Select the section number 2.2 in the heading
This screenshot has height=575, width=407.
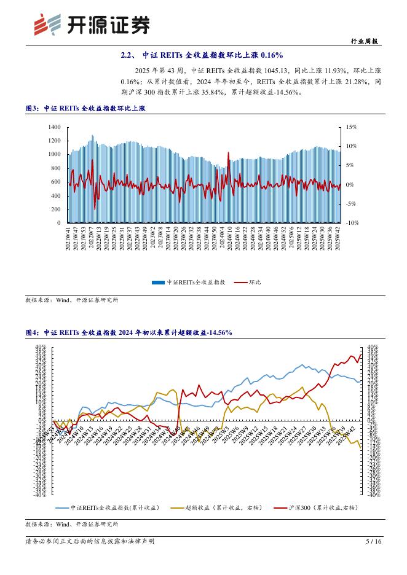[x=127, y=55]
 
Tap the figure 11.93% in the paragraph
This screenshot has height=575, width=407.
[x=318, y=71]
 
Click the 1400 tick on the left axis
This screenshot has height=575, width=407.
[x=54, y=127]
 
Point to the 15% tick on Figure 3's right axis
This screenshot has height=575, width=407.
[x=351, y=127]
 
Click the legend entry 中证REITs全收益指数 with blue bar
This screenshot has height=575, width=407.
[x=191, y=282]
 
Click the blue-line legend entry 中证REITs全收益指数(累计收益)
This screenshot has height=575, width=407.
[x=111, y=507]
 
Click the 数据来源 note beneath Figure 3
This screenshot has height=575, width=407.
[x=71, y=300]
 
